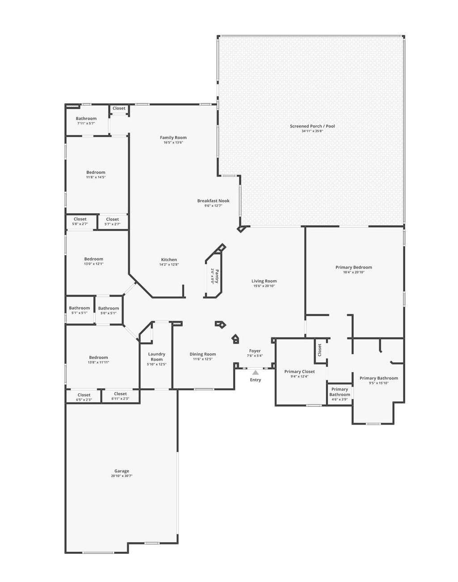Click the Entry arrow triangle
255,372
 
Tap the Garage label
122,471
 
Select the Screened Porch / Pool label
312,126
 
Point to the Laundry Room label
157,357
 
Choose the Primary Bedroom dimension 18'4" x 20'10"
354,272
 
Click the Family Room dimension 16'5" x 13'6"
174,143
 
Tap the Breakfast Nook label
213,201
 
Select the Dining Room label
203,354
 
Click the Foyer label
255,351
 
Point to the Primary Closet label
300,371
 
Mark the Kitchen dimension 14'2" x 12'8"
169,265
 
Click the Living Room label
264,281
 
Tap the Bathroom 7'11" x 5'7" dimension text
86,123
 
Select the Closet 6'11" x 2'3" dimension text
120,399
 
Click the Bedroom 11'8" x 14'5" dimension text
96,177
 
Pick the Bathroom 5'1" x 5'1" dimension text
79,313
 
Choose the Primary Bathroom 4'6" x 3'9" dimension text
340,400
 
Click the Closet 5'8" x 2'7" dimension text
80,224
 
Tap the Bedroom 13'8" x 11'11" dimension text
98,363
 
